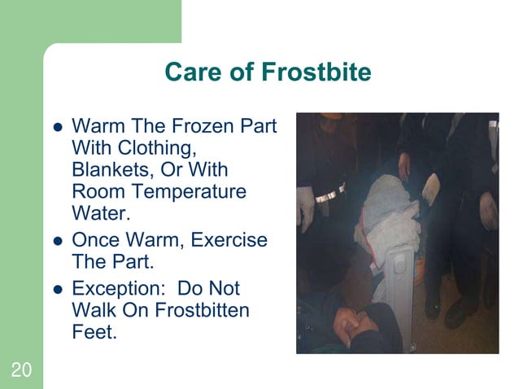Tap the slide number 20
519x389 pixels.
click(21, 371)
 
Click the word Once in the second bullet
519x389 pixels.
click(94, 241)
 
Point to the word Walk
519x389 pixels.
click(92, 310)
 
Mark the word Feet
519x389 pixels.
click(91, 331)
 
